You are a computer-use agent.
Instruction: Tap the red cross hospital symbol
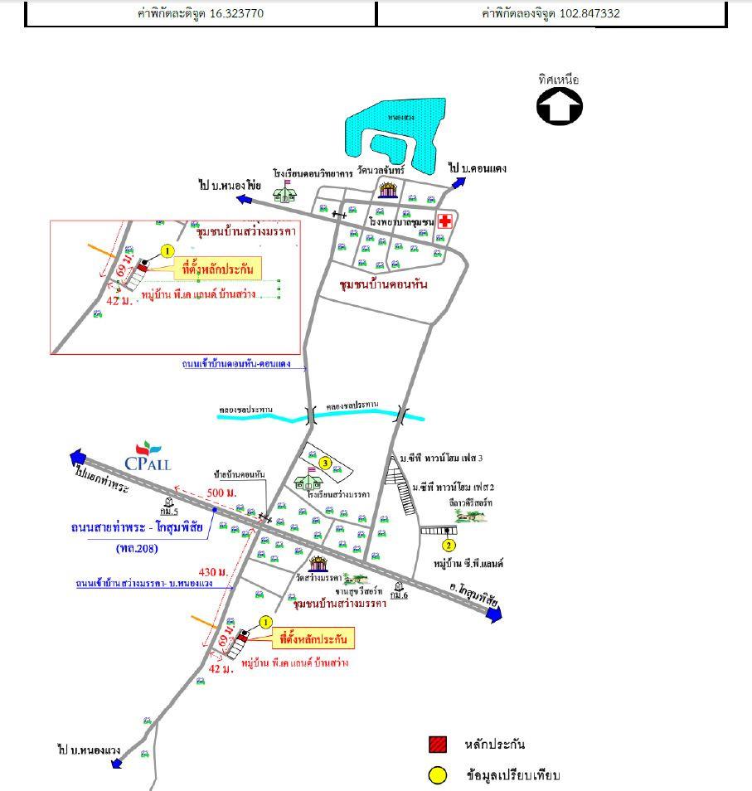(x=446, y=221)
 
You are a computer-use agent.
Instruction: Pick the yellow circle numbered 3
(x=326, y=463)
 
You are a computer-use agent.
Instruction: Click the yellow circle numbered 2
(x=449, y=545)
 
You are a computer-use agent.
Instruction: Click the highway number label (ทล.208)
(x=138, y=548)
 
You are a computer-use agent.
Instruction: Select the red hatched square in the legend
(x=437, y=744)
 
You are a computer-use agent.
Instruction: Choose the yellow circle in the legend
(x=437, y=775)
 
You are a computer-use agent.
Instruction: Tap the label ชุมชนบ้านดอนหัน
(x=383, y=284)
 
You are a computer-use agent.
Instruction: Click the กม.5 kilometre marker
(x=169, y=507)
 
